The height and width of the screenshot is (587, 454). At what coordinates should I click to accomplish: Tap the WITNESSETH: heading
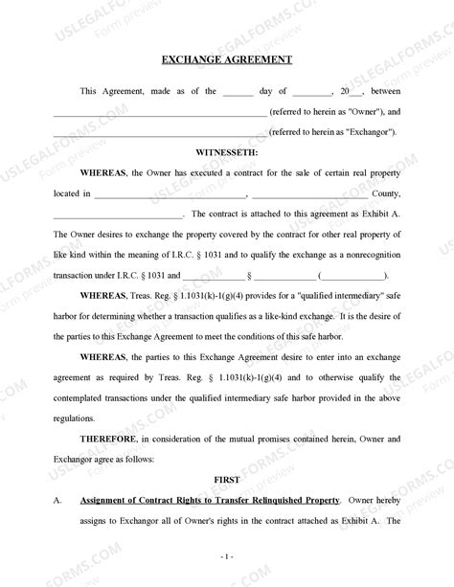click(x=226, y=152)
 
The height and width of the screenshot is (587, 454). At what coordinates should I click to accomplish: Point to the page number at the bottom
click(x=226, y=555)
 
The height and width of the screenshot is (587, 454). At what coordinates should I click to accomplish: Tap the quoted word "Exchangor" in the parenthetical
click(x=368, y=132)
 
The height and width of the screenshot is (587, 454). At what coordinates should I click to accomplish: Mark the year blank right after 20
click(x=357, y=93)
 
